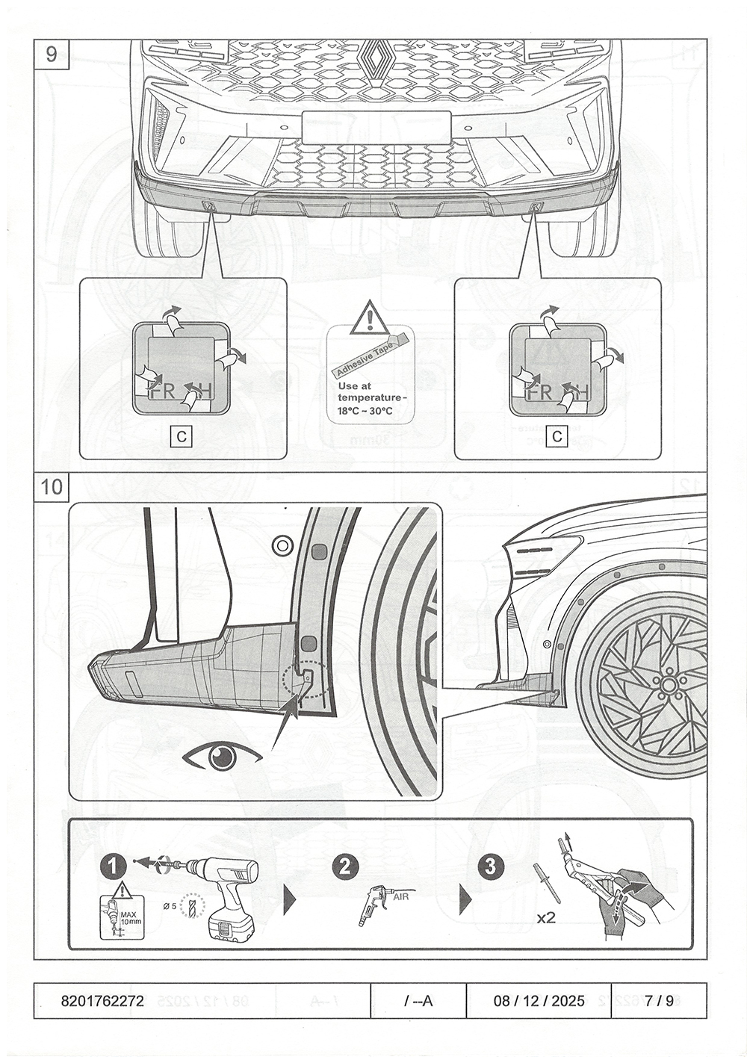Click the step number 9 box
51,55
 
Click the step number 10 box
52,487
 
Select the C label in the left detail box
182,435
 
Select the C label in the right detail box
557,435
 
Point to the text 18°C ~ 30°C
365,411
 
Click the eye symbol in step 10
222,757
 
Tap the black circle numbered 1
113,867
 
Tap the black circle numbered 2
344,867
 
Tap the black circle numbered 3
490,867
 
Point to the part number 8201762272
102,1001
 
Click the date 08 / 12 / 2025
539,1001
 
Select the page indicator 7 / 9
660,1001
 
